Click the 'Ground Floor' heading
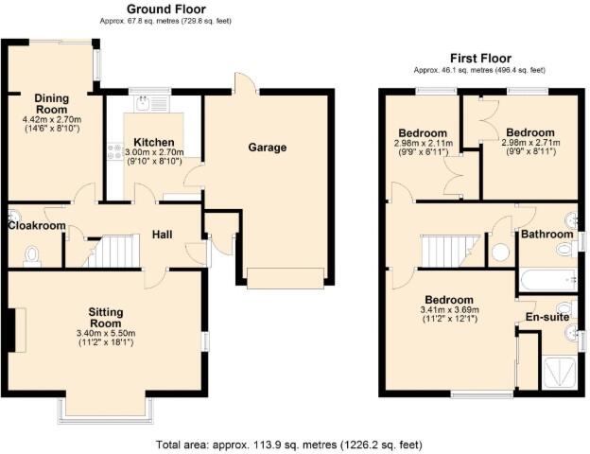168,9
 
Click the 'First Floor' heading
478,59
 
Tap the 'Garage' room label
268,148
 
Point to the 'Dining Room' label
52,103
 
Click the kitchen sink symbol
146,104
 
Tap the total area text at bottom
288,444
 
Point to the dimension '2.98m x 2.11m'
423,143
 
